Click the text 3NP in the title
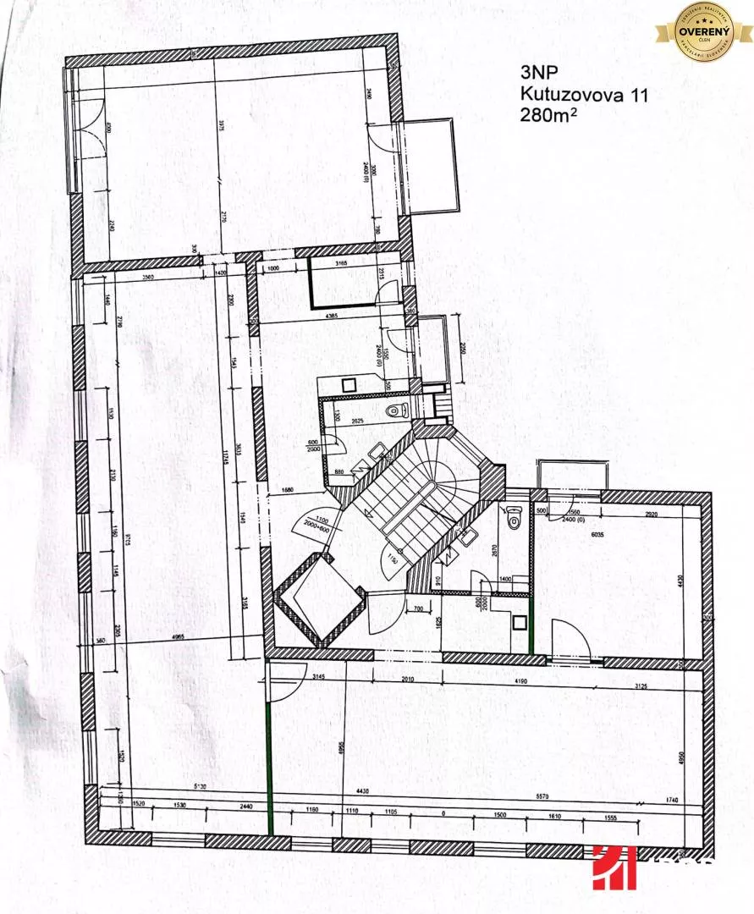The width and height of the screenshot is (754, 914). [x=537, y=74]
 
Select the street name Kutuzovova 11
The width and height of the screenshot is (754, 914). [x=584, y=96]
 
